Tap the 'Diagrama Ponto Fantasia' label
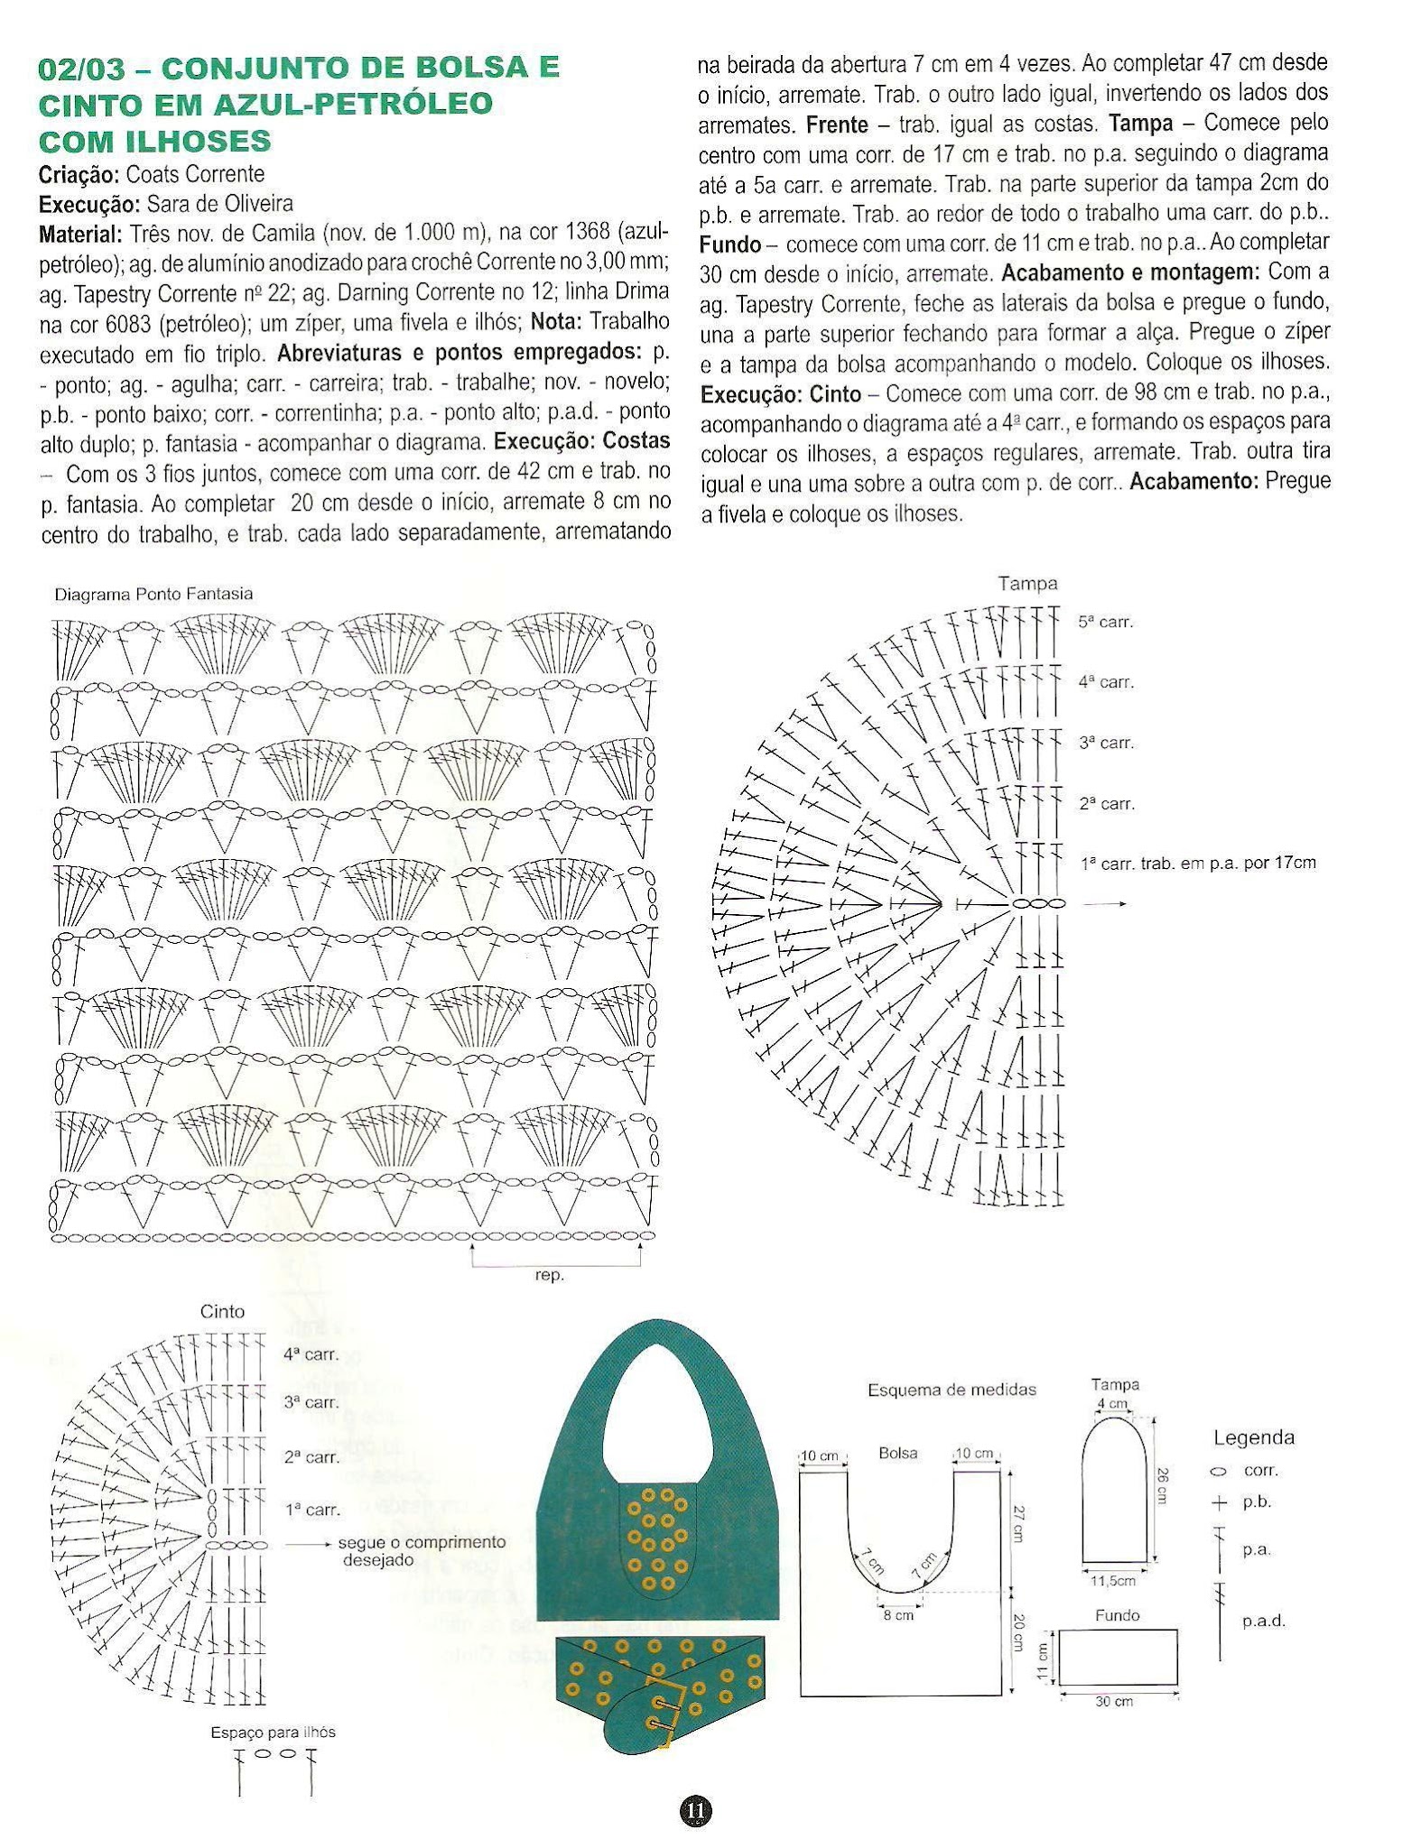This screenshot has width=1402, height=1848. click(153, 595)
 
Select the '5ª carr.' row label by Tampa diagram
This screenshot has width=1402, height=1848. click(1105, 622)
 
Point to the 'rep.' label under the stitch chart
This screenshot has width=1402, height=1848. click(550, 1275)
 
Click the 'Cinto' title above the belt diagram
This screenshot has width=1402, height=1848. click(223, 1312)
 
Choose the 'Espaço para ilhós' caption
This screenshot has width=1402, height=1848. click(273, 1732)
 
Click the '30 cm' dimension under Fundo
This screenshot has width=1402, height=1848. click(1114, 1702)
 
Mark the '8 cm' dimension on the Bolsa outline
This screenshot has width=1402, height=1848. click(898, 1615)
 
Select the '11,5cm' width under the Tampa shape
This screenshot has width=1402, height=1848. click(1113, 1581)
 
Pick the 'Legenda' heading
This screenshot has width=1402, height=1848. click(1253, 1437)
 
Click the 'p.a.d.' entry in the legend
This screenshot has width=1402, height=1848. click(1263, 1621)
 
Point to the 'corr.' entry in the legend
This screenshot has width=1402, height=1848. click(1260, 1470)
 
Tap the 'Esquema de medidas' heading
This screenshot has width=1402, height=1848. click(952, 1390)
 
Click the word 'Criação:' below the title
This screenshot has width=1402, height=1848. click(79, 174)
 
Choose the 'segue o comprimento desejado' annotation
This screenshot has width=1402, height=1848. click(422, 1550)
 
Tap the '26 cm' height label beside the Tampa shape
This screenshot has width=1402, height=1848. click(1161, 1484)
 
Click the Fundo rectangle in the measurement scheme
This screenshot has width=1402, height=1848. click(1118, 1656)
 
